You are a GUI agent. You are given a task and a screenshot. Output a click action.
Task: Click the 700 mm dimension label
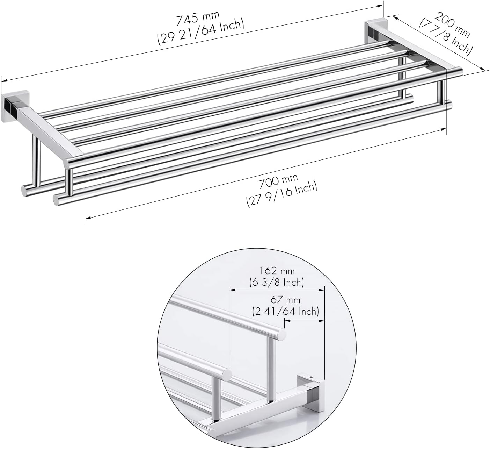278,181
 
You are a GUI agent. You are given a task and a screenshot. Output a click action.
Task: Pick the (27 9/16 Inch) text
281,194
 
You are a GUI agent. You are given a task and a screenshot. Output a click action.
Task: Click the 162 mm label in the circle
277,271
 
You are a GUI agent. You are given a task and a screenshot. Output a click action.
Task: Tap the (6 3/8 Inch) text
277,282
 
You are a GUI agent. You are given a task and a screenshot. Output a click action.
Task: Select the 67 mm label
285,300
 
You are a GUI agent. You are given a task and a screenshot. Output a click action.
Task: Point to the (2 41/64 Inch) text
285,311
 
